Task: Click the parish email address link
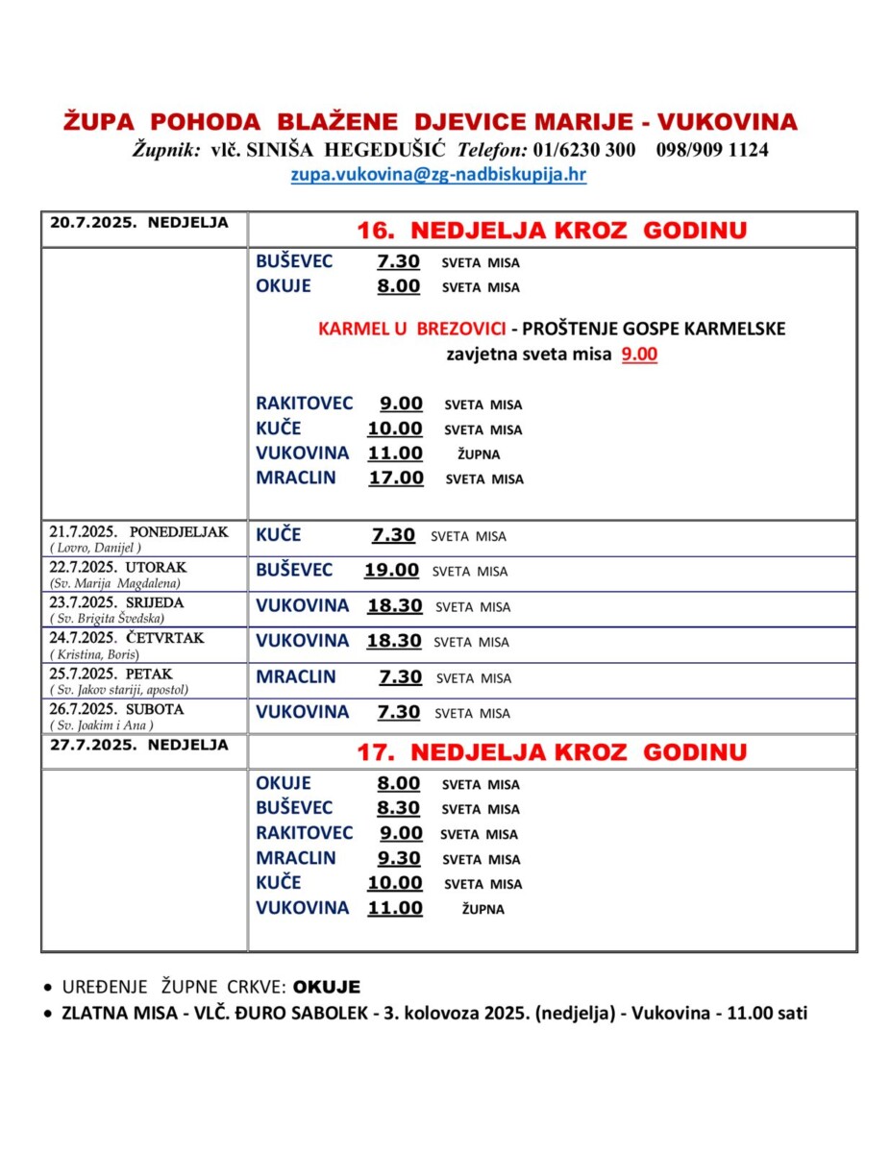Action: (438, 175)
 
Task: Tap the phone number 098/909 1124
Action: (712, 150)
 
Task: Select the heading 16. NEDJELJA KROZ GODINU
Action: (552, 231)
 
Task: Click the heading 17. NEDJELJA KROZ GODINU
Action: (552, 751)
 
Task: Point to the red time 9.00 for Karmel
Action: (639, 354)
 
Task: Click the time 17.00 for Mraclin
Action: (396, 478)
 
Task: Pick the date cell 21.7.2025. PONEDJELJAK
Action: (139, 531)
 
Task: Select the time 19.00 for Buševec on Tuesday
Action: (391, 570)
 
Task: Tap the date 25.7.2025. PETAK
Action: (111, 674)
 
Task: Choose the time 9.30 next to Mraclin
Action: (400, 858)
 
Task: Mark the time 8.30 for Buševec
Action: (400, 808)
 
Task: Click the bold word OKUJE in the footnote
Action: (327, 987)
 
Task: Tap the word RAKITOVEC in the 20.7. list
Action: (305, 404)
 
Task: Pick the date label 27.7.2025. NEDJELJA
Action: (139, 745)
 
